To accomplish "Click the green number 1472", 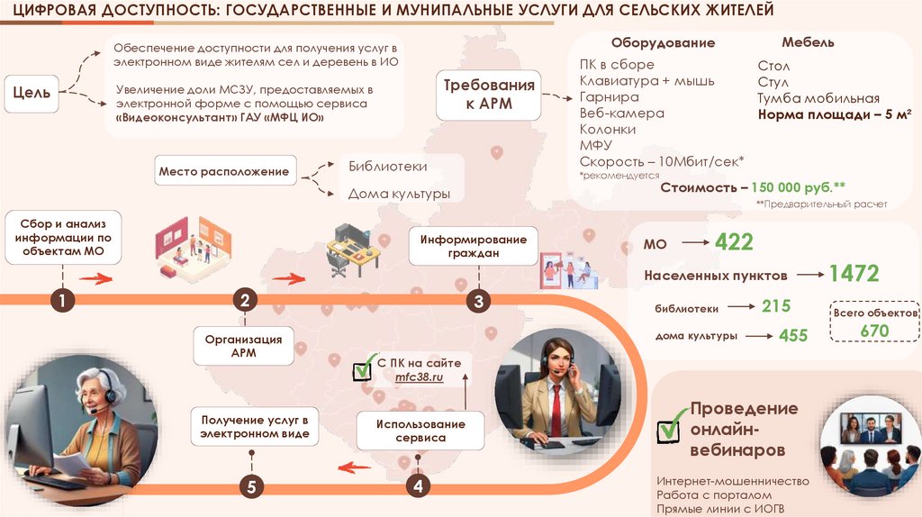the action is click(x=854, y=274).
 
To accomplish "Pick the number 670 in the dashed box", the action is click(x=874, y=331).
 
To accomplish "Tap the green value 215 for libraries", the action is click(x=775, y=307).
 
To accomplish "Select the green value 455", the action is click(x=793, y=335).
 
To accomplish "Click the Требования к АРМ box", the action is click(x=488, y=95).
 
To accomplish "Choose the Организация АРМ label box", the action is click(x=243, y=346).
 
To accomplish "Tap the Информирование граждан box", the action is click(x=473, y=247).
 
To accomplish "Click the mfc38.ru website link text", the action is click(x=420, y=378).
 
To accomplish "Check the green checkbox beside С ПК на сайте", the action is click(x=363, y=369).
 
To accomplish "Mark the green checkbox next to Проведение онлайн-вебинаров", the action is click(x=669, y=429).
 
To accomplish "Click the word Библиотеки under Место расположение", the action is click(x=387, y=167).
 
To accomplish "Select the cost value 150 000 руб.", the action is click(x=798, y=187).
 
